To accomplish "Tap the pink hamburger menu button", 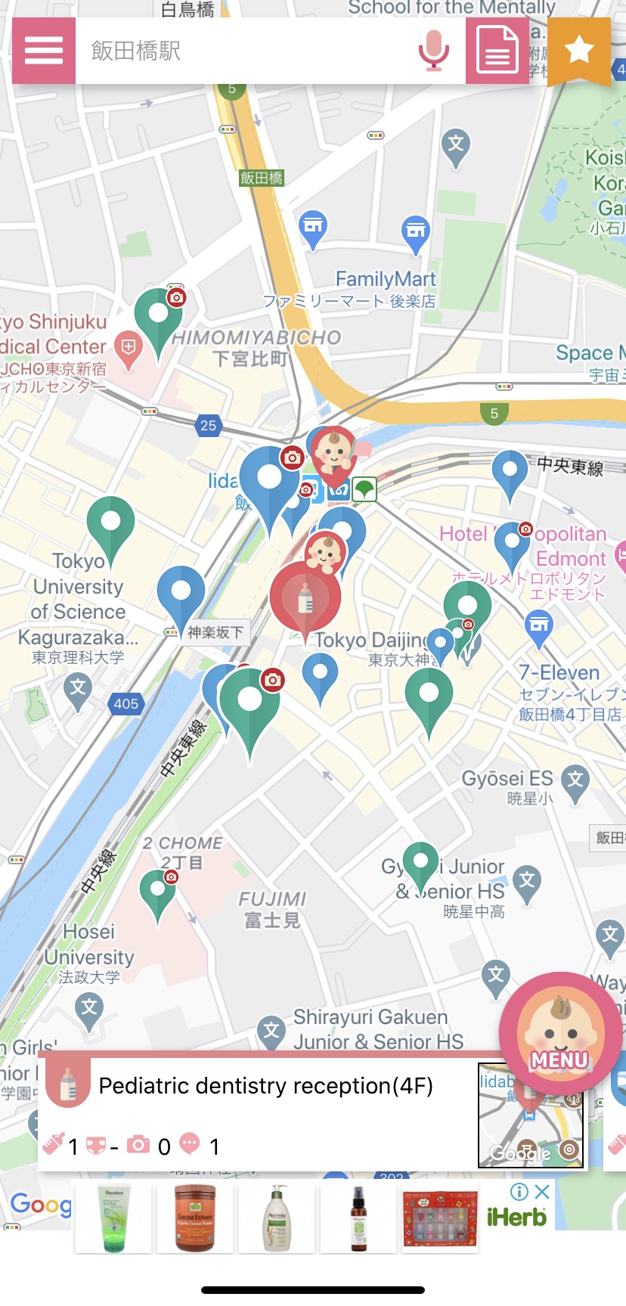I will (x=44, y=51).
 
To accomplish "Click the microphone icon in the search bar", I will (x=433, y=51).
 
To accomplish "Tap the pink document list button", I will (x=497, y=51).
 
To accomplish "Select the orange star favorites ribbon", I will (x=579, y=51).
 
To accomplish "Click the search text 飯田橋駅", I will (x=136, y=51).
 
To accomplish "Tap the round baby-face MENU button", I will (x=560, y=1033).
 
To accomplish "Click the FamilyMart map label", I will (x=386, y=279).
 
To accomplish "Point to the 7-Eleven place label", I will (x=559, y=672).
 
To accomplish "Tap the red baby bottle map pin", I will (x=305, y=598).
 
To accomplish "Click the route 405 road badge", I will (x=126, y=703).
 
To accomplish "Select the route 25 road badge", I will (x=209, y=425).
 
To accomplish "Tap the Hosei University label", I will (x=89, y=944).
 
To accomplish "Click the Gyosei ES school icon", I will (x=576, y=779).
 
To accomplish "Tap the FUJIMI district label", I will (x=272, y=899).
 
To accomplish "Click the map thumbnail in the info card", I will (x=531, y=1115).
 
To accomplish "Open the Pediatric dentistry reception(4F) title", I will (x=265, y=1086).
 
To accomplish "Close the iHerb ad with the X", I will (x=541, y=1192).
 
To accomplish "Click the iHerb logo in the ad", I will (x=516, y=1217).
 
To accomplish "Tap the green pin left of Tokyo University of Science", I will (x=110, y=523).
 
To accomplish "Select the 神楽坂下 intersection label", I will (x=215, y=632).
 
